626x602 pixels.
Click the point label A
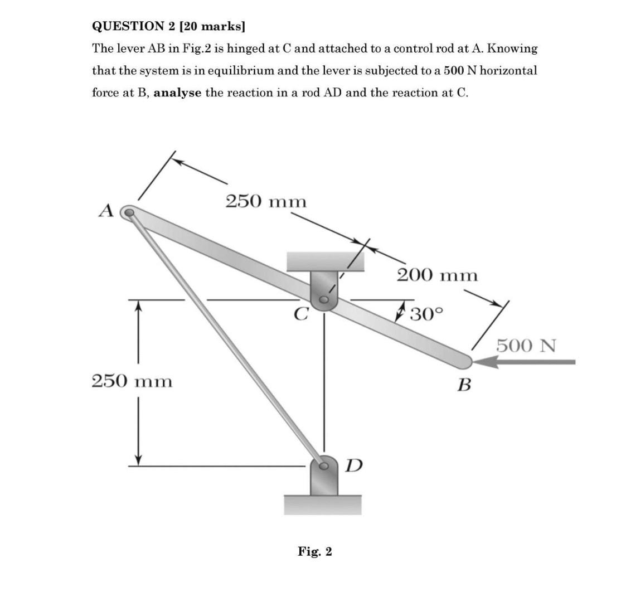click(106, 211)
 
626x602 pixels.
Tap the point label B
click(464, 385)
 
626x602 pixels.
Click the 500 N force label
click(526, 346)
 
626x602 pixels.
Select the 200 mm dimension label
click(437, 275)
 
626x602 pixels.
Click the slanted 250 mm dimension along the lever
click(266, 201)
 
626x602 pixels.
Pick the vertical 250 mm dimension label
click(132, 382)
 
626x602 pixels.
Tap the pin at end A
click(129, 212)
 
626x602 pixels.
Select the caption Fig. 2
click(314, 552)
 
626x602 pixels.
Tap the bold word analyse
click(177, 93)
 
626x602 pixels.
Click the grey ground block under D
click(323, 504)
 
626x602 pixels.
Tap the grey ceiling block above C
click(325, 261)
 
